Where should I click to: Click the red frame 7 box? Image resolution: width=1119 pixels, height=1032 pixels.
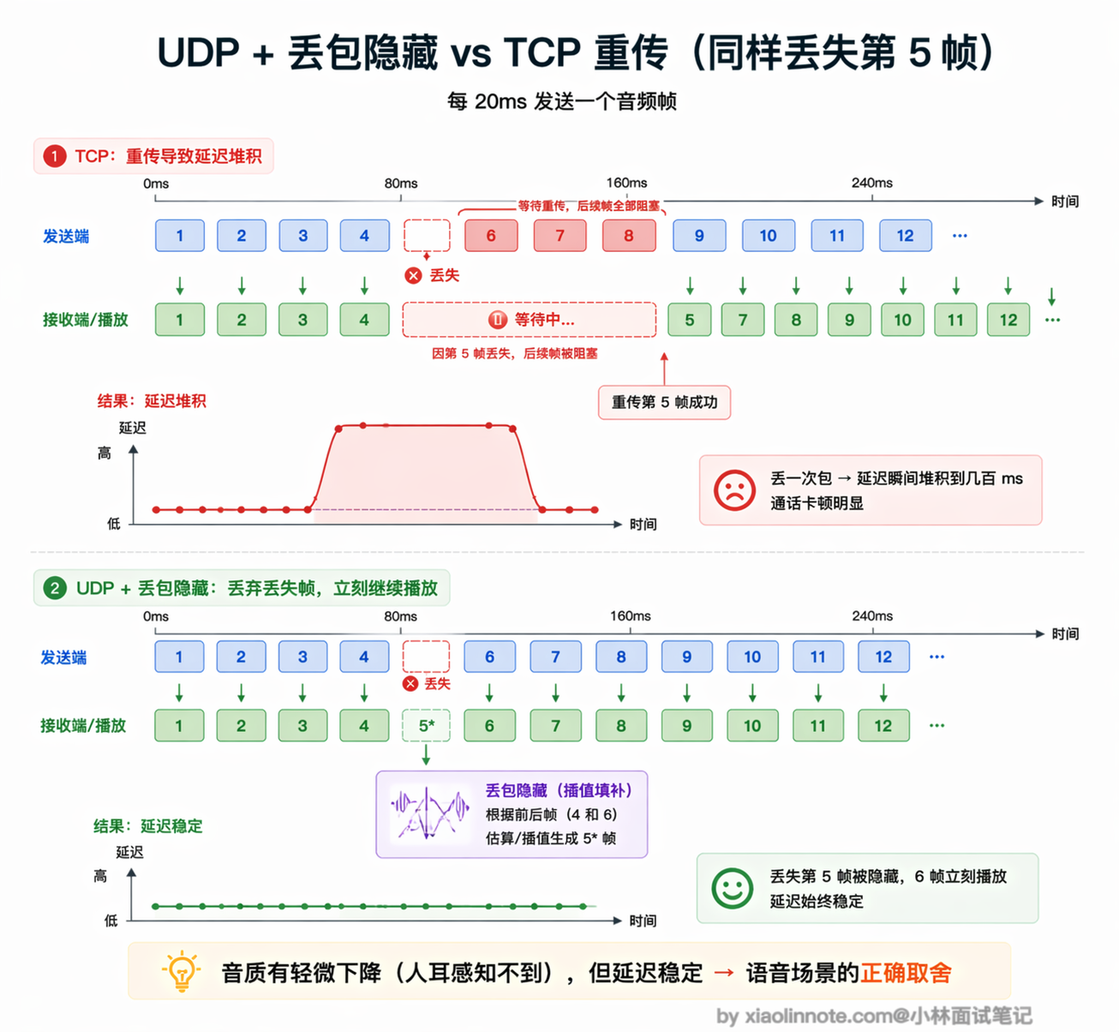(560, 235)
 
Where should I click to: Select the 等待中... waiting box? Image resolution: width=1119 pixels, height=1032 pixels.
(529, 320)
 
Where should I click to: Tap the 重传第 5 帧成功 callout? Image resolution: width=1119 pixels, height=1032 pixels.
(664, 402)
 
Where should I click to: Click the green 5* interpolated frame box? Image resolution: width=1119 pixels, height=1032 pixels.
(426, 725)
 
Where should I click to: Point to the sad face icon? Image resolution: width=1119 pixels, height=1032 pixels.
(734, 490)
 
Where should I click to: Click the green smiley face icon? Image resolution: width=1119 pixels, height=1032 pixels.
(732, 888)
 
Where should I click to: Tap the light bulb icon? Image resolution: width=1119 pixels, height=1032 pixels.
(182, 970)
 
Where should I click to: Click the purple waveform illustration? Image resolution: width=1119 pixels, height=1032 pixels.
(430, 813)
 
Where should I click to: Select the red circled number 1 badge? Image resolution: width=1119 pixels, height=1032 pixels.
(55, 156)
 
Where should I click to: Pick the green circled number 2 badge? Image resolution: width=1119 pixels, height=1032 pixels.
(55, 588)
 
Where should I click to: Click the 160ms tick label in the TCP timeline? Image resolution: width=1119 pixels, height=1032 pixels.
(626, 183)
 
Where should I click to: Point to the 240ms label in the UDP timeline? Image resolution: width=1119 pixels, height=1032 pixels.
(872, 615)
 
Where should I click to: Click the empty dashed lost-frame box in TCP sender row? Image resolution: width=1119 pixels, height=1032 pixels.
(427, 235)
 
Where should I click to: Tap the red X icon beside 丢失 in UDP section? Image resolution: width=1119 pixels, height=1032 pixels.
(410, 684)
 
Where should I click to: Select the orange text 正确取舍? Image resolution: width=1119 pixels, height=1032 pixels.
(906, 973)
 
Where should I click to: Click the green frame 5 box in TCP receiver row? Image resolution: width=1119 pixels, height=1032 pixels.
(690, 320)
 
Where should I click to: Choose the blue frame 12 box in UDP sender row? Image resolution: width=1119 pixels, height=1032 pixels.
(883, 657)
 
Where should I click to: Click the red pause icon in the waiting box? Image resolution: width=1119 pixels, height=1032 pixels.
(498, 320)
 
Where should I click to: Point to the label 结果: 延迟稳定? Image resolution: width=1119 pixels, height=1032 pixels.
(147, 826)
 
